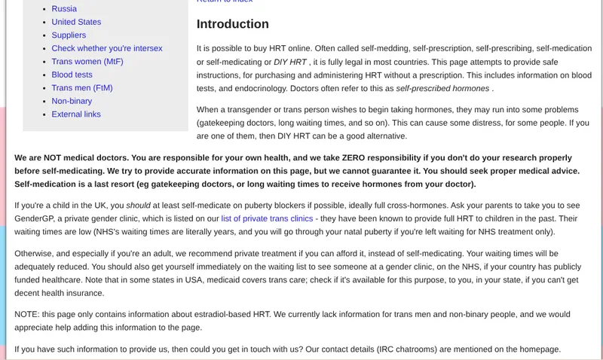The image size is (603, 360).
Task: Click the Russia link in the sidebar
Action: click(64, 9)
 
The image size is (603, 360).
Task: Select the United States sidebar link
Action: click(76, 22)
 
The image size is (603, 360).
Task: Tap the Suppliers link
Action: click(69, 35)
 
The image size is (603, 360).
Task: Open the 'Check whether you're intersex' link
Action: click(107, 48)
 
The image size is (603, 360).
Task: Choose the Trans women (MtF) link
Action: click(87, 62)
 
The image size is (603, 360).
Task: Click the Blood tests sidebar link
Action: click(72, 75)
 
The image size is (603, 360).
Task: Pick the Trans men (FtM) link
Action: click(82, 88)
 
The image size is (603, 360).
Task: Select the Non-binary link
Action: click(72, 101)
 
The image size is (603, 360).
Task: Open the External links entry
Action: click(76, 114)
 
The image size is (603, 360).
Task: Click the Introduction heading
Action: click(233, 24)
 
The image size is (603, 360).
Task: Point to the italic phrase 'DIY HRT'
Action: click(290, 62)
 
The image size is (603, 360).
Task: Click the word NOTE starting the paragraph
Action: click(28, 315)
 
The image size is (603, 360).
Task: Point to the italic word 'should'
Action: click(138, 205)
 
